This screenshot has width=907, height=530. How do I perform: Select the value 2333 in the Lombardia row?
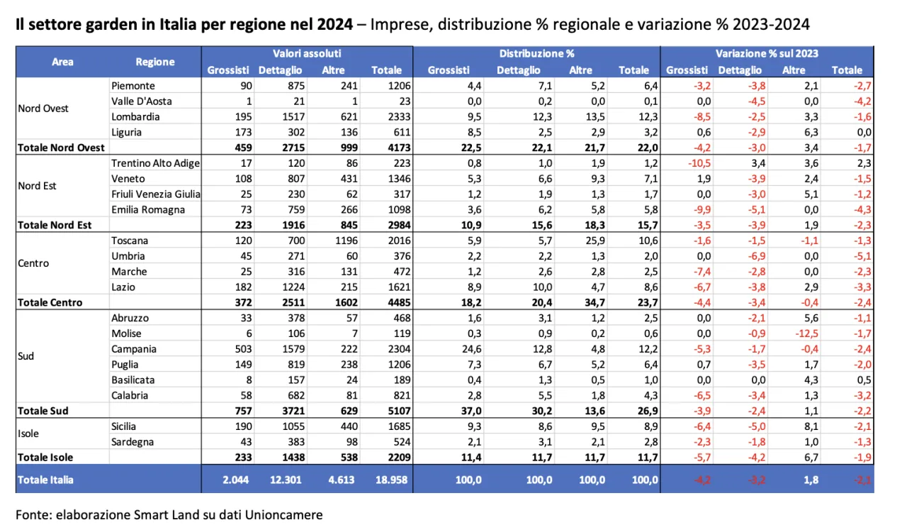pyautogui.click(x=391, y=117)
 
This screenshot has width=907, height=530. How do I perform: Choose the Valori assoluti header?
pyautogui.click(x=307, y=54)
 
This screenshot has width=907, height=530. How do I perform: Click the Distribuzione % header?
pyautogui.click(x=536, y=54)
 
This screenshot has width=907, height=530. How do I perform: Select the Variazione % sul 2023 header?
pyautogui.click(x=767, y=54)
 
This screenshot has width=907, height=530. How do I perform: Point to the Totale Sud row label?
pyautogui.click(x=43, y=411)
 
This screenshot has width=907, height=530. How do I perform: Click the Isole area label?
pyautogui.click(x=28, y=434)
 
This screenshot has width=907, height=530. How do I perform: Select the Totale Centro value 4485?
pyautogui.click(x=391, y=303)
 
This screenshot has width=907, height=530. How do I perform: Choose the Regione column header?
pyautogui.click(x=155, y=62)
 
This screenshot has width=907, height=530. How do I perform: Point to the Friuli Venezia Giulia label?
pyautogui.click(x=156, y=194)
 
